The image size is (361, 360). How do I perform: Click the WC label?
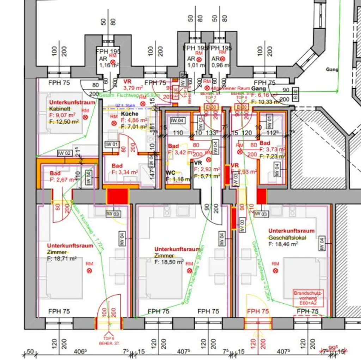[171, 173]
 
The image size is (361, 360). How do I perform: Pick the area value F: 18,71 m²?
[62, 258]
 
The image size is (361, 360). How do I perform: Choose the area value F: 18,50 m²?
[169, 262]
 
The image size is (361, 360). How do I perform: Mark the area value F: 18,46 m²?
[283, 244]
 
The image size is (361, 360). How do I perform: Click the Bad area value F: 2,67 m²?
[62, 179]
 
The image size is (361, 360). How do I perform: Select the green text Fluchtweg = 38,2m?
[194, 275]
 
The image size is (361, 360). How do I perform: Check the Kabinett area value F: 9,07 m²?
[62, 115]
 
